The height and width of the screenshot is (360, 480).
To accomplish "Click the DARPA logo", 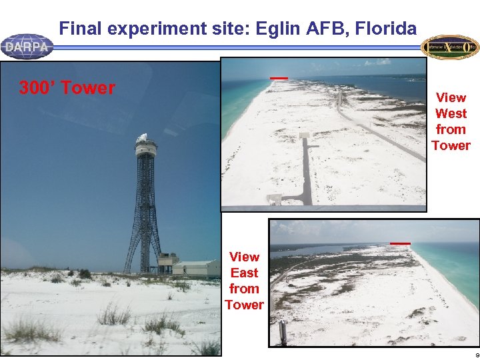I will click(27, 47).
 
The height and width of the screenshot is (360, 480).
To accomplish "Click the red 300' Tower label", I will click(67, 88).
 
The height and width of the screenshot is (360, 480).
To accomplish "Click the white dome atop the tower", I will click(143, 138).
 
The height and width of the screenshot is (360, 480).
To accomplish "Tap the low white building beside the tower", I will click(195, 268).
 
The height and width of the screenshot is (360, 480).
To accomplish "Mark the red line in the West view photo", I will click(279, 78).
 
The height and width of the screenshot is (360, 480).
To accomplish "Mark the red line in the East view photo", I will click(400, 243).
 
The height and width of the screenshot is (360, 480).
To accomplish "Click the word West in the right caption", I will click(451, 113).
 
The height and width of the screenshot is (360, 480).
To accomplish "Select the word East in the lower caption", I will click(244, 273).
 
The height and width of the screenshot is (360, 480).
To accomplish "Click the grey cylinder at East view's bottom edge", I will click(283, 332).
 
